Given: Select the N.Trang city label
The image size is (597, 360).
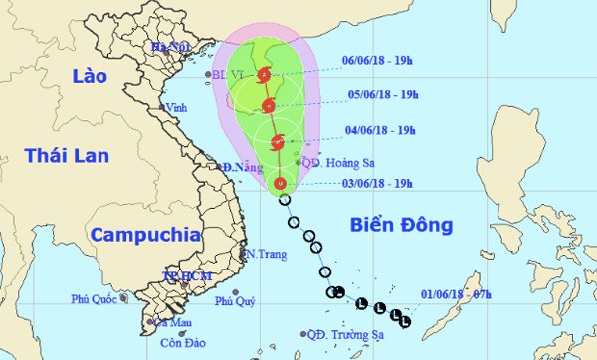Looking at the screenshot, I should point(267,254).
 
